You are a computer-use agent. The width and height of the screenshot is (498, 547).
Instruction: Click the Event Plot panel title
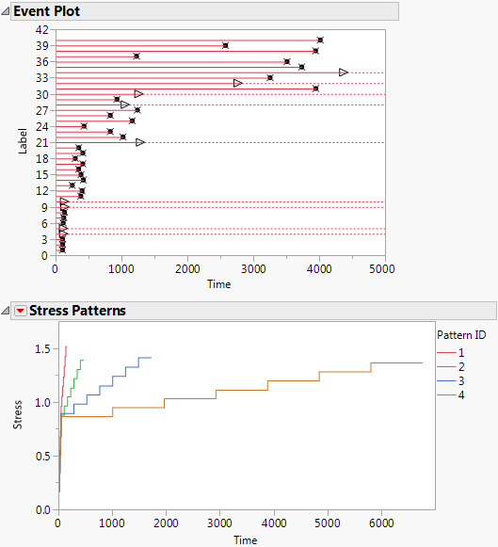pyautogui.click(x=47, y=11)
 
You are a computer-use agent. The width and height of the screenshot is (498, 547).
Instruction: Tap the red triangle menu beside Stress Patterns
pyautogui.click(x=20, y=310)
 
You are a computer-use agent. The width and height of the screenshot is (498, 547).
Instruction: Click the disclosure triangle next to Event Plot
pyautogui.click(x=6, y=11)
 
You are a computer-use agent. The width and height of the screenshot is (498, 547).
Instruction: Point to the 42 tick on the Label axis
pyautogui.click(x=43, y=30)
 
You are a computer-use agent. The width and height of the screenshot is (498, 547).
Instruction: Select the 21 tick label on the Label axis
pyautogui.click(x=43, y=142)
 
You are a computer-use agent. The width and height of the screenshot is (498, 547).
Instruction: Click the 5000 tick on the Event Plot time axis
pyautogui.click(x=383, y=267)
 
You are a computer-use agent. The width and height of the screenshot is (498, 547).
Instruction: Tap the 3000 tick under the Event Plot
pyautogui.click(x=253, y=267)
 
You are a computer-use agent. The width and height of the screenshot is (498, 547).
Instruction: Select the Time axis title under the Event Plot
pyautogui.click(x=219, y=283)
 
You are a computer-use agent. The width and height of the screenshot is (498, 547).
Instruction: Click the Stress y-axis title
pyautogui.click(x=19, y=418)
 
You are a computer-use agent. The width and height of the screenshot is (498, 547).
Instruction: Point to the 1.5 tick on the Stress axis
pyautogui.click(x=43, y=348)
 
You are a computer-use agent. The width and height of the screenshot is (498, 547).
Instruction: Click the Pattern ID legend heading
pyautogui.click(x=461, y=334)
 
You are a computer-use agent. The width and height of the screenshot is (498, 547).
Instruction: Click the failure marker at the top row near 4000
pyautogui.click(x=320, y=40)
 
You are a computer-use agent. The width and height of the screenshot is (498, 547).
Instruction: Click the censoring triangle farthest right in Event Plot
pyautogui.click(x=344, y=72)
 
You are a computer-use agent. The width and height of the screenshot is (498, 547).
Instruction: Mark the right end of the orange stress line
pyautogui.click(x=423, y=363)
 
